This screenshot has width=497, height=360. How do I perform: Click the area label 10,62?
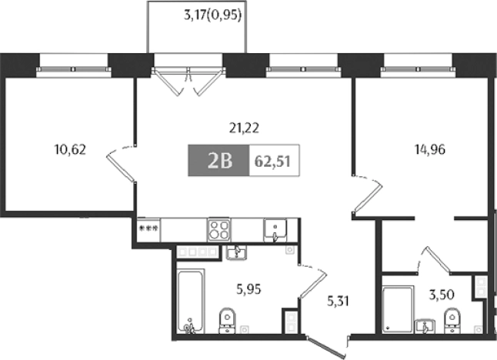coord(70,150)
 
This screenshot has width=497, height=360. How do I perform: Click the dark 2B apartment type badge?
coord(218,161)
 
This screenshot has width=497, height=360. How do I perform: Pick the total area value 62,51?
coord(273,161)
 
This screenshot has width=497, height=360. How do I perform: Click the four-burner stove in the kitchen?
coord(219,230)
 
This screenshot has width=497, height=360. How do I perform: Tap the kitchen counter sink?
coord(275,229)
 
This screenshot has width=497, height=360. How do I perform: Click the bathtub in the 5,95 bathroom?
coord(188,302)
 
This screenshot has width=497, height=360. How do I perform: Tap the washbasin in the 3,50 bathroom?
coord(424,325)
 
